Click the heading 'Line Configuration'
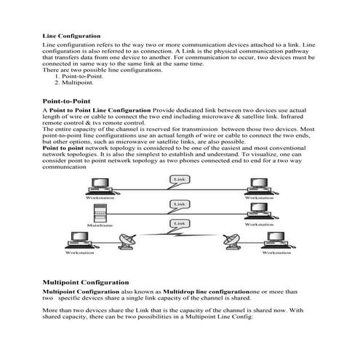[x=72, y=35]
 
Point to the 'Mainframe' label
[x=100, y=226]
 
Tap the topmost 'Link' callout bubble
[x=178, y=178]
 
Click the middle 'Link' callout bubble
[x=178, y=206]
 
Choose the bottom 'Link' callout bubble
[x=178, y=223]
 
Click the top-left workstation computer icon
[x=100, y=187]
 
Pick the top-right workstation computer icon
[x=260, y=187]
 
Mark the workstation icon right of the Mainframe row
[x=260, y=212]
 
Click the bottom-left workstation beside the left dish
[x=80, y=241]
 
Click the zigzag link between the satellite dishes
[x=178, y=236]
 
